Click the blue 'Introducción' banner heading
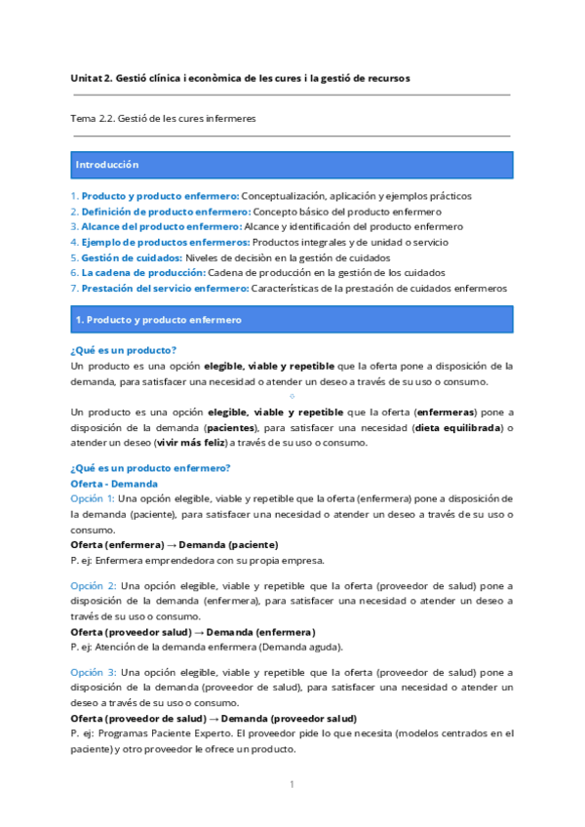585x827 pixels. click(x=107, y=165)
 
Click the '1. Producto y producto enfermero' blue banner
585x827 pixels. click(x=158, y=319)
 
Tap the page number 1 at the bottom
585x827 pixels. click(x=292, y=784)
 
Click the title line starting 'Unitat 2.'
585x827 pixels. click(x=241, y=77)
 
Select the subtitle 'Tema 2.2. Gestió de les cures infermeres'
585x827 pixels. click(x=163, y=118)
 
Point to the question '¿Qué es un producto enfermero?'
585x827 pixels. click(x=150, y=467)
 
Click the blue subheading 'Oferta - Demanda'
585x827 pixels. click(x=114, y=483)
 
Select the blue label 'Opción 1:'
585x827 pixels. click(x=93, y=498)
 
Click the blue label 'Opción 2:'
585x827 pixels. click(x=93, y=585)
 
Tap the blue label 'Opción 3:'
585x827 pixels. click(x=93, y=672)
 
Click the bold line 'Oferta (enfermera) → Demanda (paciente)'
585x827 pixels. click(x=175, y=544)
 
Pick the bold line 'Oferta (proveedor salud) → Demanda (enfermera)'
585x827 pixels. click(x=193, y=631)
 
